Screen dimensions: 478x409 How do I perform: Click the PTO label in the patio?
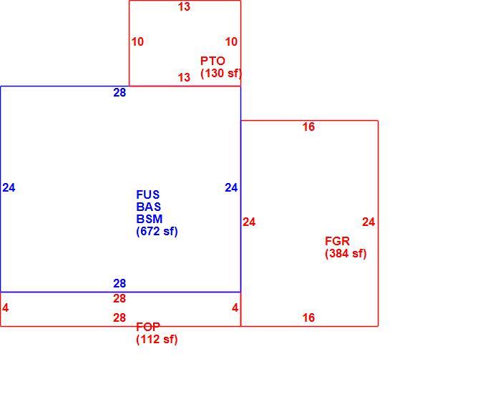click(x=213, y=61)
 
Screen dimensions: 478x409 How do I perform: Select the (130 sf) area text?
click(x=220, y=74)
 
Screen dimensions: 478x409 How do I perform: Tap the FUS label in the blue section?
click(x=148, y=194)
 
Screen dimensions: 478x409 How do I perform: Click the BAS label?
click(x=148, y=207)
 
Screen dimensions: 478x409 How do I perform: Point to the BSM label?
click(x=150, y=219)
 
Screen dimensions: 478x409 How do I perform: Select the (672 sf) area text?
click(x=157, y=232)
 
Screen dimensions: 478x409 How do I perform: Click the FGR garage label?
click(x=337, y=241)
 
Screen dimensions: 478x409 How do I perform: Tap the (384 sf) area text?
click(x=346, y=253)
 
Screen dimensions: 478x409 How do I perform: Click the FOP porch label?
click(x=148, y=327)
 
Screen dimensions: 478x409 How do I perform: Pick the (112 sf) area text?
click(x=157, y=339)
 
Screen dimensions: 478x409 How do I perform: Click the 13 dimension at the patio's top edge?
click(x=184, y=6)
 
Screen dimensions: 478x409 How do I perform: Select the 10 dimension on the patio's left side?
click(x=137, y=41)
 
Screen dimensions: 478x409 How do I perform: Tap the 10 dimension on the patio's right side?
click(x=231, y=41)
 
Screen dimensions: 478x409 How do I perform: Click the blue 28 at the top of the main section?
click(x=119, y=92)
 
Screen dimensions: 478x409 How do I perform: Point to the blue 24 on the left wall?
click(x=9, y=187)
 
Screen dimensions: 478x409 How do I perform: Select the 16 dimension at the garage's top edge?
click(x=308, y=127)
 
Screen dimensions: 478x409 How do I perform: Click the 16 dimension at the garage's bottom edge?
click(x=308, y=317)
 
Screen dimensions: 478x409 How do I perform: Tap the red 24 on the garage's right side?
click(x=369, y=222)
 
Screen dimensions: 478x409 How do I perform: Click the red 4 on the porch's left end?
click(x=6, y=308)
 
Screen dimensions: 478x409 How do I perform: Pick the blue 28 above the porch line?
click(x=119, y=284)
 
